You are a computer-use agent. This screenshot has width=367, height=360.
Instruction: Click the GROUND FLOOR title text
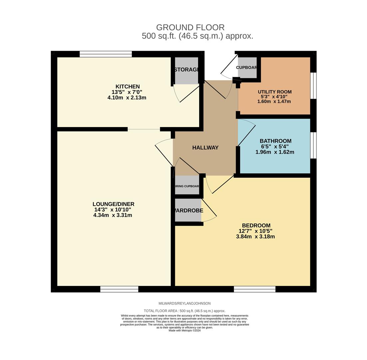point(190,27)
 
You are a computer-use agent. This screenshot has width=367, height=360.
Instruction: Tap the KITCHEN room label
point(127,87)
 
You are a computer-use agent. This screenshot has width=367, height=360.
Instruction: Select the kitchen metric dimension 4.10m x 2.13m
point(127,98)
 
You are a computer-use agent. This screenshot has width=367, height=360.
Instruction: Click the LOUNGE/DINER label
point(113,204)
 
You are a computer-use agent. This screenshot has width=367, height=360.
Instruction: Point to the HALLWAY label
point(205,148)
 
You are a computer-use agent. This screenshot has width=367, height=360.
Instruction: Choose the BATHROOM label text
point(275,141)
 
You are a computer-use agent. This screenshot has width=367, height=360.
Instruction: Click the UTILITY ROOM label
point(274,92)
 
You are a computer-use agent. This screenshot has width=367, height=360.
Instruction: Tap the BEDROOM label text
point(256,225)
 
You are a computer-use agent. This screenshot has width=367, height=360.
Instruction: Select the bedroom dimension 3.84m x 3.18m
point(255,237)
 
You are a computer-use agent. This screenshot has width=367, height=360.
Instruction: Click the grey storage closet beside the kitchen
point(186,75)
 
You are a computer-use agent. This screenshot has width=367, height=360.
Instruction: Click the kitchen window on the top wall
point(106,54)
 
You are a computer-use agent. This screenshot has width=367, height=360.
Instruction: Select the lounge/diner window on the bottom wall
point(119,289)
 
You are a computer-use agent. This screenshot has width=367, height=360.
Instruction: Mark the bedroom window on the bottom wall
point(254,289)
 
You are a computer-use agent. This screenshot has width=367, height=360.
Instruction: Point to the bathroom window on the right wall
point(313,145)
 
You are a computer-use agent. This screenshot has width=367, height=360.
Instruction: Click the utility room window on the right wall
point(313,86)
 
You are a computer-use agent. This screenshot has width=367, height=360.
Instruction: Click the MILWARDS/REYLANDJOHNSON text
point(184,303)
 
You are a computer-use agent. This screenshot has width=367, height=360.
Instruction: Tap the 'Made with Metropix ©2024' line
point(184,331)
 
